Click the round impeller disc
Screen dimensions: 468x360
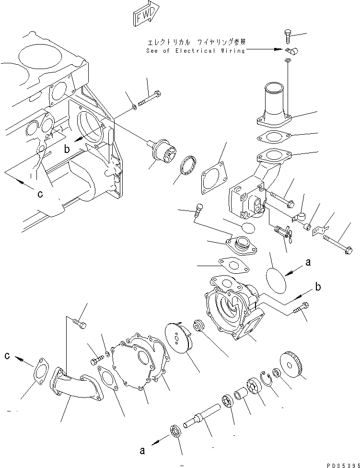178,339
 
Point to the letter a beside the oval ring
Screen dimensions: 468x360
308,262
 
